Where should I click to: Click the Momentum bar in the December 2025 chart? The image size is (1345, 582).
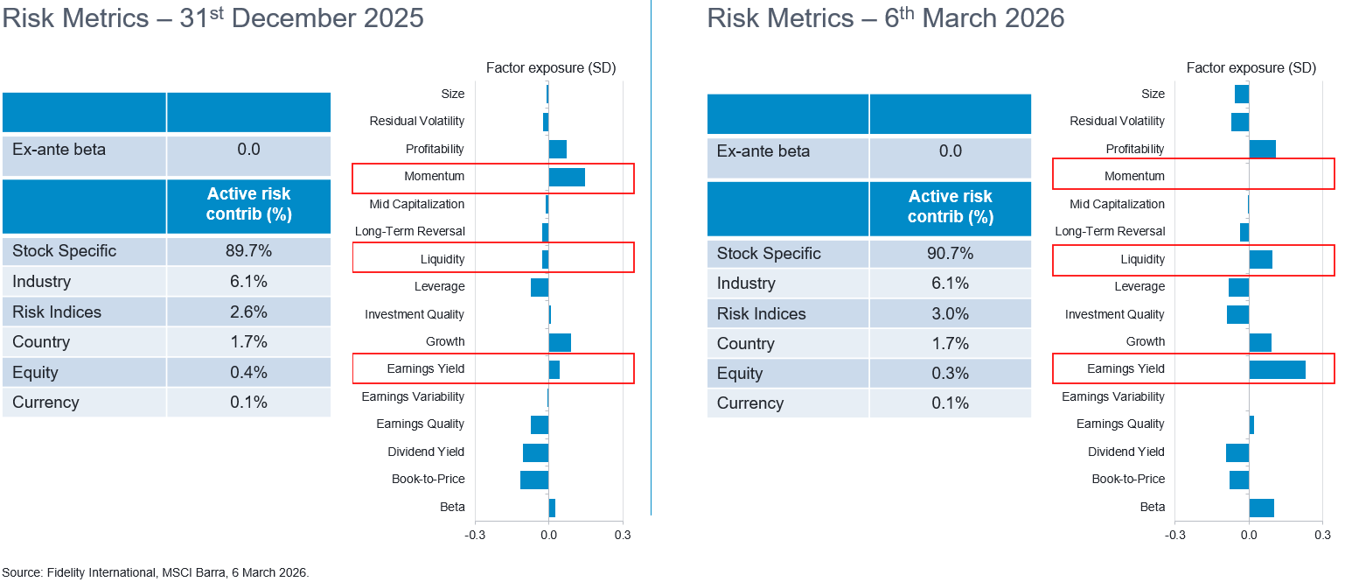coord(567,177)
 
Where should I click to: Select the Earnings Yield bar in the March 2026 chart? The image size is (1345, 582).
coord(1277,369)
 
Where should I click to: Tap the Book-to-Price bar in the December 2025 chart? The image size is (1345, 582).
coord(534,480)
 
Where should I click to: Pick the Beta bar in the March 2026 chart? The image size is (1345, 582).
coord(1261,508)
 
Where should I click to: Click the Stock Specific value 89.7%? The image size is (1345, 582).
coord(248,251)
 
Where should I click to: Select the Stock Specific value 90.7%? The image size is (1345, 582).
coord(950,254)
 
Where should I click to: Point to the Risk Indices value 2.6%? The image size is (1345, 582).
coord(248,312)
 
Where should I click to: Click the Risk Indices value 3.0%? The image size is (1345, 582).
coord(950,314)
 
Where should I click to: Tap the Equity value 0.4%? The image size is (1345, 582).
coord(248,373)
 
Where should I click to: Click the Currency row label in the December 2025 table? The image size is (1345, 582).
coord(45,403)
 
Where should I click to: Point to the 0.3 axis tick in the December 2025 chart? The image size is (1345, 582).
coord(622,535)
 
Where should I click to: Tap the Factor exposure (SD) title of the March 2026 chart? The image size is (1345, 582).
coord(1251,68)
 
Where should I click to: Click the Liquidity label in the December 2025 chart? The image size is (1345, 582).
coord(443,259)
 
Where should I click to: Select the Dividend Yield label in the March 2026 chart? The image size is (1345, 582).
coord(1125,452)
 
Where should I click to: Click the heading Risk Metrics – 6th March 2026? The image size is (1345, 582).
coord(885,18)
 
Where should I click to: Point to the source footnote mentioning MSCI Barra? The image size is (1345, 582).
coord(156,573)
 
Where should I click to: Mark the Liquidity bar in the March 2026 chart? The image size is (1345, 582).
coord(1260,259)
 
